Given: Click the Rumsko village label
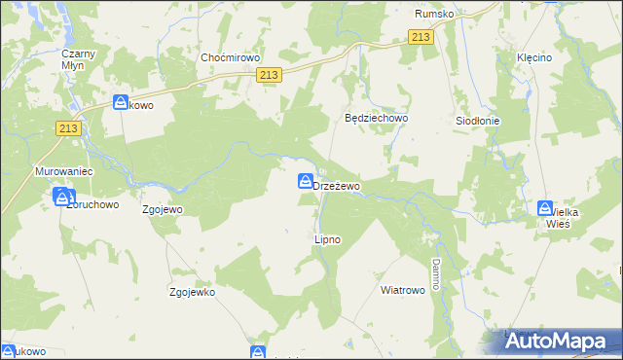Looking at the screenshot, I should pos(435,14).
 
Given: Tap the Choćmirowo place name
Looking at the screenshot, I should pos(227,57).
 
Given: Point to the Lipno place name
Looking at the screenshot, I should pos(327,238).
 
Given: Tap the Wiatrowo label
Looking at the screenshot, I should pos(403,290).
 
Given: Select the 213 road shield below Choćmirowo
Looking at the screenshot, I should pos(272,75).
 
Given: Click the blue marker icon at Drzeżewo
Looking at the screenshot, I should pos(306,181).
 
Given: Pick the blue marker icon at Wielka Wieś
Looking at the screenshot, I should pos(545,208).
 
